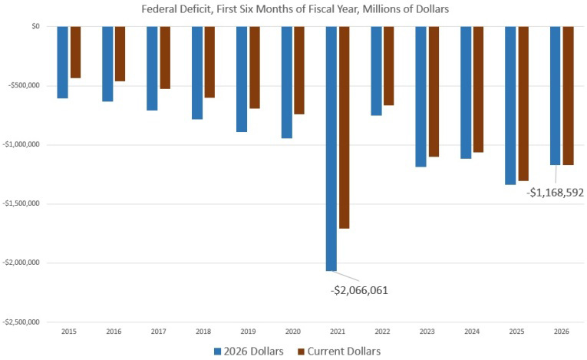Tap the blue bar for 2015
(62, 62)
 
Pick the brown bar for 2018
(209, 62)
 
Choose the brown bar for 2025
(523, 104)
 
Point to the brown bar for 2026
(569, 95)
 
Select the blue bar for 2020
(287, 82)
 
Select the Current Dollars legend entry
(341, 351)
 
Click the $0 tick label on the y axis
(35, 26)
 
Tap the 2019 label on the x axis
(248, 332)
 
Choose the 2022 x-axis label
(382, 332)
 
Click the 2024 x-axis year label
(472, 332)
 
